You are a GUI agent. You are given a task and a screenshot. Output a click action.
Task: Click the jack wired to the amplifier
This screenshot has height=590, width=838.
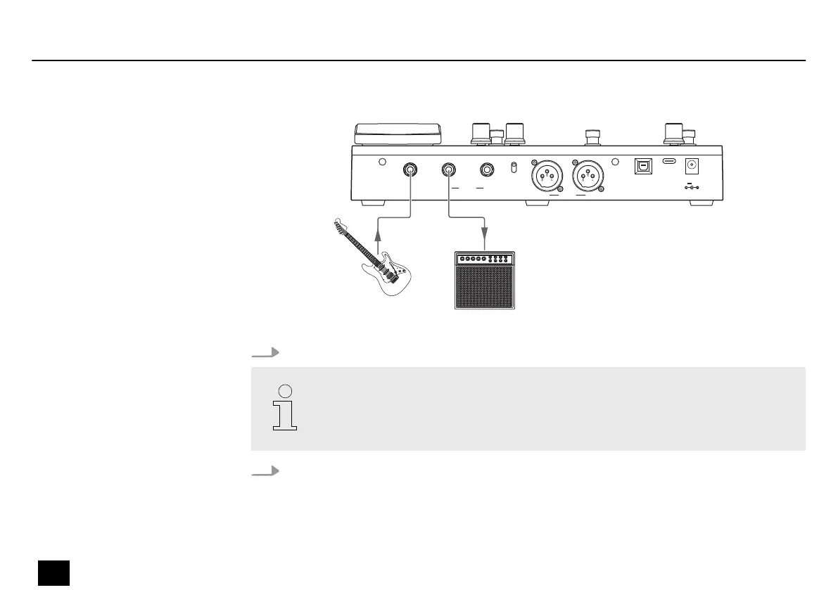coord(448,169)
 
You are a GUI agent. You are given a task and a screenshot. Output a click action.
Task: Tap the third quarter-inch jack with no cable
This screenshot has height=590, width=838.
coord(487,169)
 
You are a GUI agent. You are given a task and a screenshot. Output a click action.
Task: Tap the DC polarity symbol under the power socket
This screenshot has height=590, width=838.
coord(691,188)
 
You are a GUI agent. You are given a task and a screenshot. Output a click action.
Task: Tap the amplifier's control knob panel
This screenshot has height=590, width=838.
coord(484,259)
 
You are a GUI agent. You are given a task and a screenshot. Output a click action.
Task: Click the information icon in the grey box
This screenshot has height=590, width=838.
coord(285,408)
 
